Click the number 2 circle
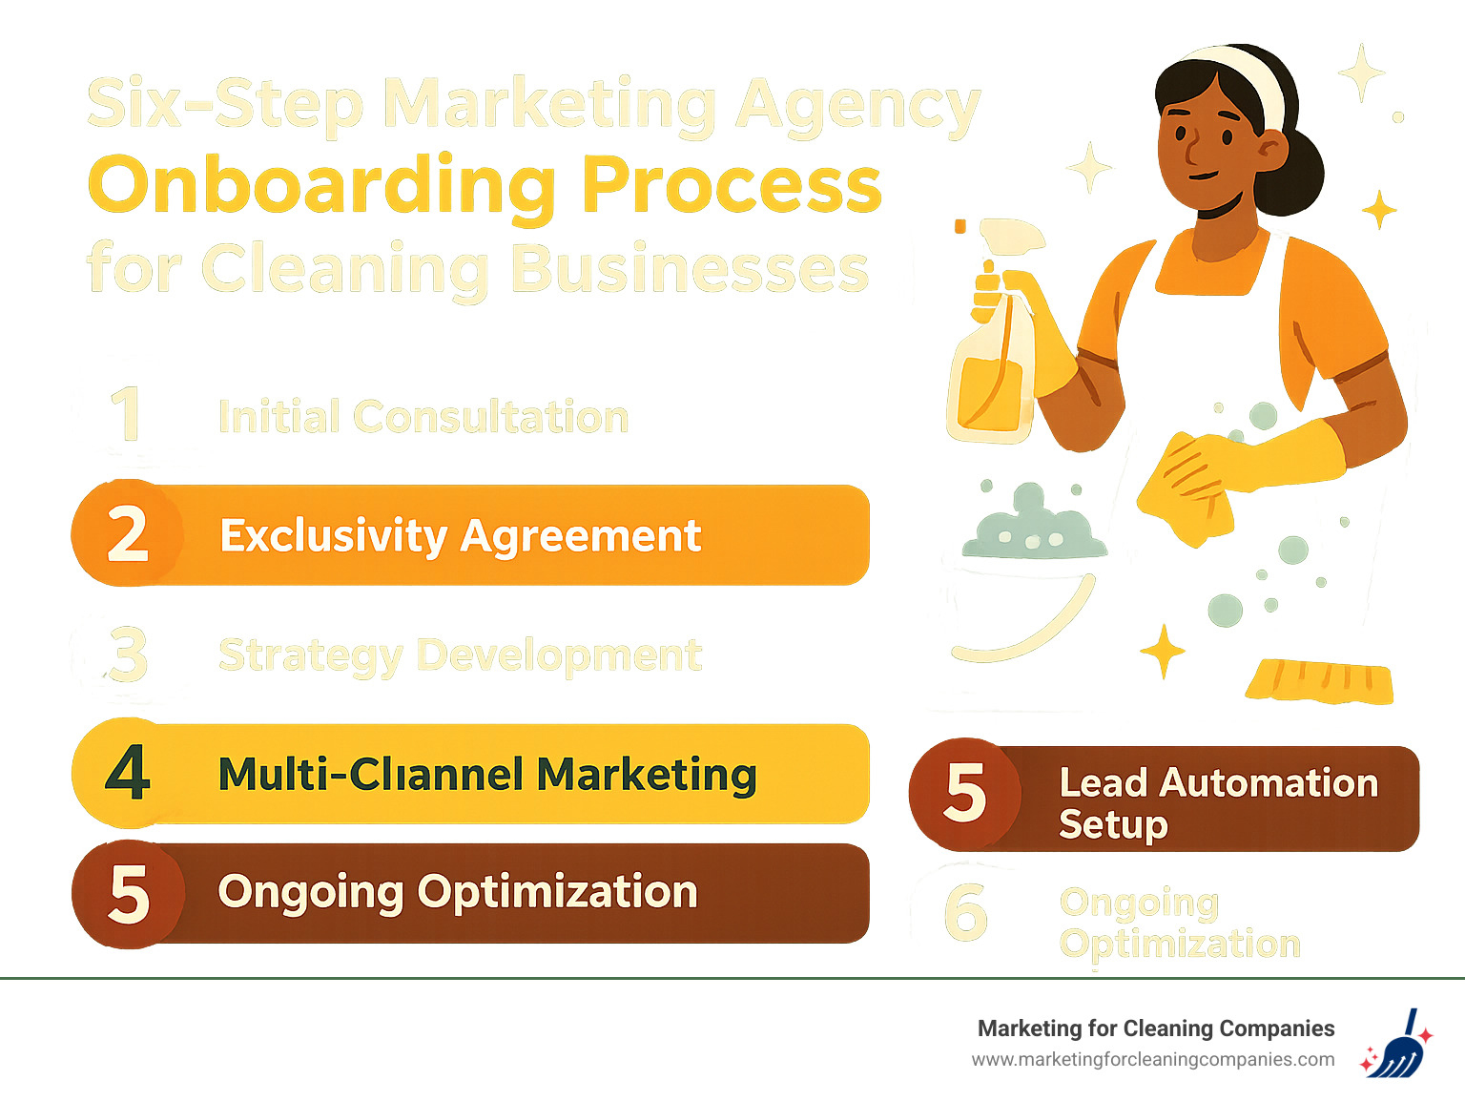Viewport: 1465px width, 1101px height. [128, 533]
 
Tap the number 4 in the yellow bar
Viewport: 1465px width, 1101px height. [128, 773]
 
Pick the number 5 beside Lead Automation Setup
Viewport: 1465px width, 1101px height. [964, 794]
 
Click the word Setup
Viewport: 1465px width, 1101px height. [1113, 824]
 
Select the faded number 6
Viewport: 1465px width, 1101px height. [964, 911]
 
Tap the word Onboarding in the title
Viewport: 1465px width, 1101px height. [322, 186]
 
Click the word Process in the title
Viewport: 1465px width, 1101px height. [732, 186]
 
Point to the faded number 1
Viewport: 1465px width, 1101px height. [126, 415]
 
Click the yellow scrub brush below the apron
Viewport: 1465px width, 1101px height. [1319, 680]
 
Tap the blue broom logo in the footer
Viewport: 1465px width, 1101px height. [1396, 1045]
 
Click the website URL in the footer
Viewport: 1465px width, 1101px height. [1152, 1059]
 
